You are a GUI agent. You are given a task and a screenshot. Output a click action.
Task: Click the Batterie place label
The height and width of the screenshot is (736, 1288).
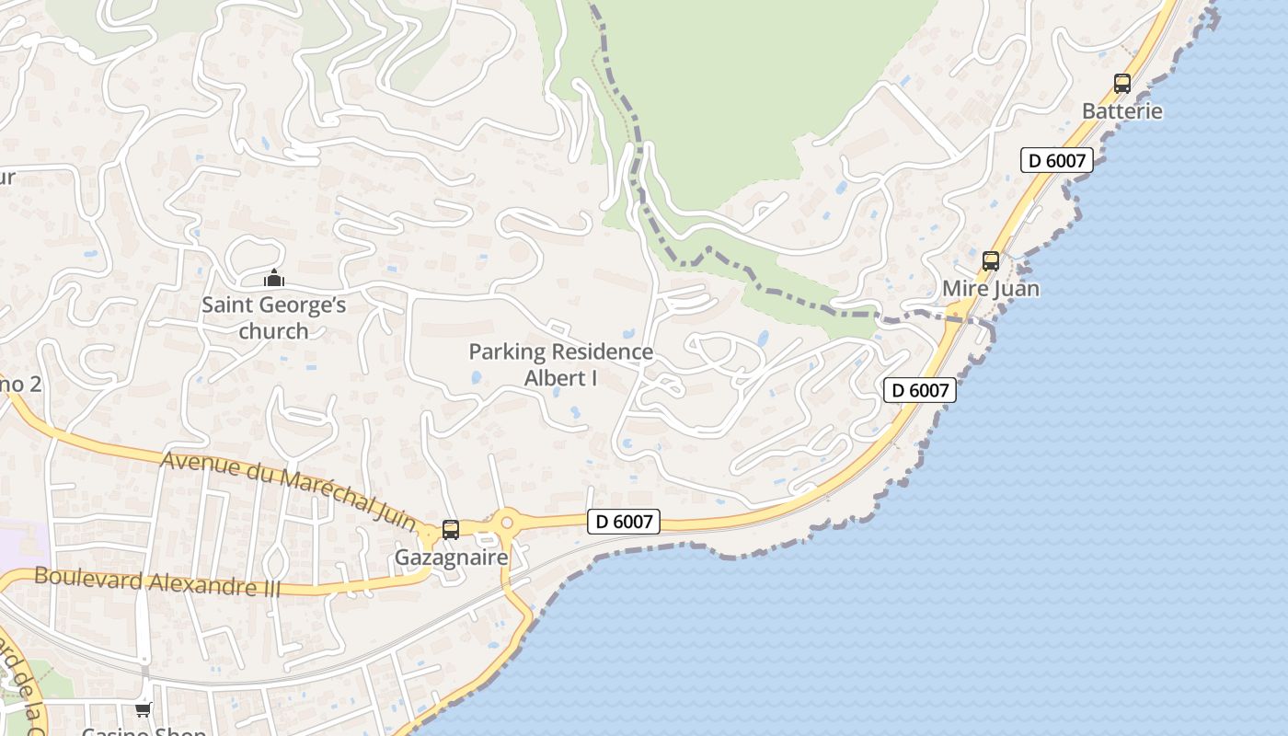point(1121,111)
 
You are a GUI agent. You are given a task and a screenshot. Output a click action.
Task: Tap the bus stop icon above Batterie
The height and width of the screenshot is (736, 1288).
point(1121,84)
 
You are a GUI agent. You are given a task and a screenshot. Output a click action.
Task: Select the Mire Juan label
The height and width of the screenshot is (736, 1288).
point(990,288)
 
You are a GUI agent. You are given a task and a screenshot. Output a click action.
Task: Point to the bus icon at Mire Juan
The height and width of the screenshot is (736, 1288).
point(990,260)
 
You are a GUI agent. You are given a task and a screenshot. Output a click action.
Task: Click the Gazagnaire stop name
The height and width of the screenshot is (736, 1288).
point(451,558)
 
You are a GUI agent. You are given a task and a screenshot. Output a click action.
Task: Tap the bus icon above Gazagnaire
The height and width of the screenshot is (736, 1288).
point(451,530)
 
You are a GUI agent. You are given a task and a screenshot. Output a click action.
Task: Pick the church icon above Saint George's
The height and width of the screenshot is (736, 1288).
point(273,278)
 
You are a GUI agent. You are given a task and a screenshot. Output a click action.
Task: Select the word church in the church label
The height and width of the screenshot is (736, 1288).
point(273,330)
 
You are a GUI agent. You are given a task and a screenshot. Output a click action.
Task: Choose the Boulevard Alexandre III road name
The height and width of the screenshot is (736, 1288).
point(156,581)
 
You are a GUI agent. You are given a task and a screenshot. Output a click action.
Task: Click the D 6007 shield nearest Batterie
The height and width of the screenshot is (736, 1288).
point(1056,160)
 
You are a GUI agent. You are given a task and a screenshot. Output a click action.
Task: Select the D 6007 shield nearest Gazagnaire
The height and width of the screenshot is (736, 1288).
point(624,522)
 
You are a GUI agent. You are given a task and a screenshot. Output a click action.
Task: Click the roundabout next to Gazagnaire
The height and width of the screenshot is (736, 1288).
point(506,523)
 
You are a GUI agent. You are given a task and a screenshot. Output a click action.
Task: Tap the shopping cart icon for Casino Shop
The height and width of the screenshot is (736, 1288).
point(143,709)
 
